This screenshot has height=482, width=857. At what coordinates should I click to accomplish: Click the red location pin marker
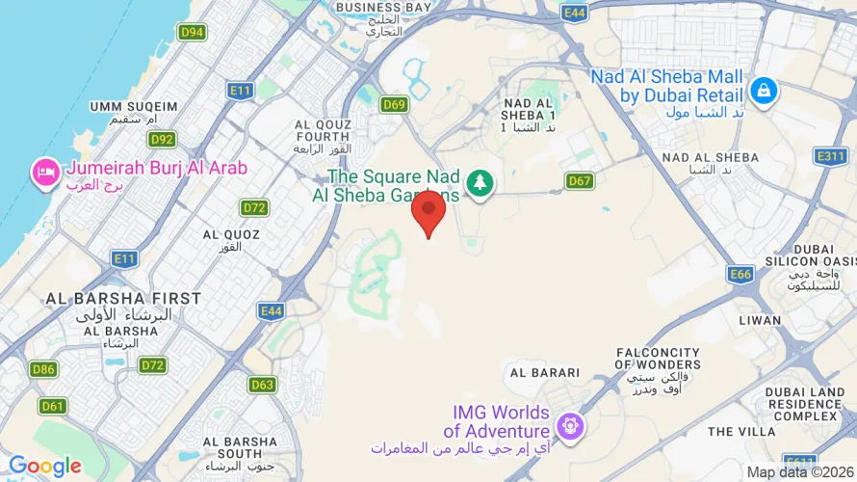(428, 212)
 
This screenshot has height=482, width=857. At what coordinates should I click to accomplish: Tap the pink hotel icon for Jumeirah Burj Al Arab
(45, 173)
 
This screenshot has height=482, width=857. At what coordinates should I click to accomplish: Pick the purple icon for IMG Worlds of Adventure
(571, 424)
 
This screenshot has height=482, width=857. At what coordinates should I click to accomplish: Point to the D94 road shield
(192, 32)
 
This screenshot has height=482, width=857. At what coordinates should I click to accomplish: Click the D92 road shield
(162, 140)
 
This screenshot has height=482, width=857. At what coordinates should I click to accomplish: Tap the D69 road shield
(394, 104)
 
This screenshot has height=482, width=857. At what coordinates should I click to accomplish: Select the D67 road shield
(579, 180)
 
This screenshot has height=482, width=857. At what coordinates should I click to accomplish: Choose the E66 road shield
(740, 275)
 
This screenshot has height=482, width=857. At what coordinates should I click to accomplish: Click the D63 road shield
(262, 385)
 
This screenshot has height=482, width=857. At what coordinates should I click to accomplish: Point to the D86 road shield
(42, 369)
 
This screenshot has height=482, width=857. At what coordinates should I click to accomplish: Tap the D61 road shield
(54, 406)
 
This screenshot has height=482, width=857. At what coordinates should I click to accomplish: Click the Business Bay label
(382, 8)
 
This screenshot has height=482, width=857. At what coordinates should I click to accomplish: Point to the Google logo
(44, 467)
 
